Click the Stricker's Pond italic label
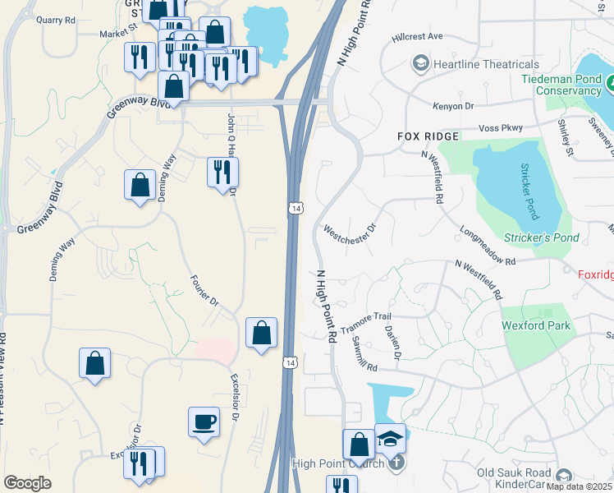click(x=543, y=238)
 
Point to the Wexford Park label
click(x=536, y=325)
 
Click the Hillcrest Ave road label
click(x=417, y=37)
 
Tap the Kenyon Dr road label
click(x=453, y=106)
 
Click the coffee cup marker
click(x=204, y=422)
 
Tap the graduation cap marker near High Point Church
click(x=391, y=438)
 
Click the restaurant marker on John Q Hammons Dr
click(x=222, y=171)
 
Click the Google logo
click(x=27, y=483)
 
